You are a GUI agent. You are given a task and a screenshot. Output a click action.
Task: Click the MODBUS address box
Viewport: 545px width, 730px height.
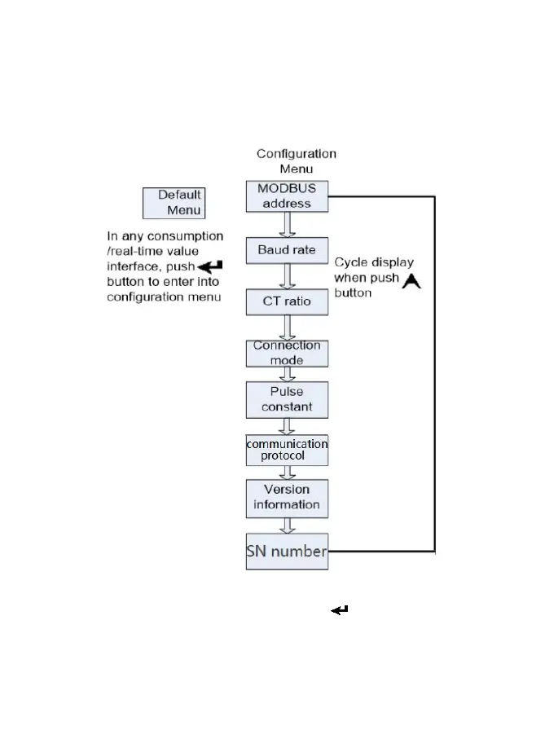coord(287,196)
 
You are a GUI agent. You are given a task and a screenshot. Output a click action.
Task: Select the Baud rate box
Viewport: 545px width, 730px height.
coord(287,249)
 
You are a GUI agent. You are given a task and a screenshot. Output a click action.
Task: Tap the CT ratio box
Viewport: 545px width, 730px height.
coord(287,301)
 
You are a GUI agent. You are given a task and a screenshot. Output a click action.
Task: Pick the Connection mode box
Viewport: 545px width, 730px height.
coord(287,353)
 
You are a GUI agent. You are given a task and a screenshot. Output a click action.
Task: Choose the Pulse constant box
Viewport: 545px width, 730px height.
coord(287,398)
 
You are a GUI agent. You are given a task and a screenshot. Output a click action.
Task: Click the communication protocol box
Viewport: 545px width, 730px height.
coord(287,450)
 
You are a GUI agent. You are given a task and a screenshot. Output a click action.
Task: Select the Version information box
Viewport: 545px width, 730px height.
coord(287,497)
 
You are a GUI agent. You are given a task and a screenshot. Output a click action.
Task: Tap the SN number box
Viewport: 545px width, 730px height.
coord(287,552)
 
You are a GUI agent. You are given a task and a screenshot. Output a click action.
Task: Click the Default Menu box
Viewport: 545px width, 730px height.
coord(173,203)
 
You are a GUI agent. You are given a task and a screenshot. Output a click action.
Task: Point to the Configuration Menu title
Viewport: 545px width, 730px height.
coord(296,161)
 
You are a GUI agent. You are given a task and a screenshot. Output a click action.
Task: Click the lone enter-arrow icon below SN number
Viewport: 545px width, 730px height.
coord(340,609)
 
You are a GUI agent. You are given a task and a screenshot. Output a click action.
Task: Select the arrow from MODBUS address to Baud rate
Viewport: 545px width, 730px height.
coord(287,224)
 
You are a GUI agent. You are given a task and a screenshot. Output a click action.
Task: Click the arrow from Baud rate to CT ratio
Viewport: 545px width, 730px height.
coord(287,275)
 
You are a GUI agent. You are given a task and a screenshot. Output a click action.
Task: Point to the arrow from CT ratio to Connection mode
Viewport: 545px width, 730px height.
coord(287,327)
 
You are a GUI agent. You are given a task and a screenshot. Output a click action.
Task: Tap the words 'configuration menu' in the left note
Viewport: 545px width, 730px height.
coord(164,297)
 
